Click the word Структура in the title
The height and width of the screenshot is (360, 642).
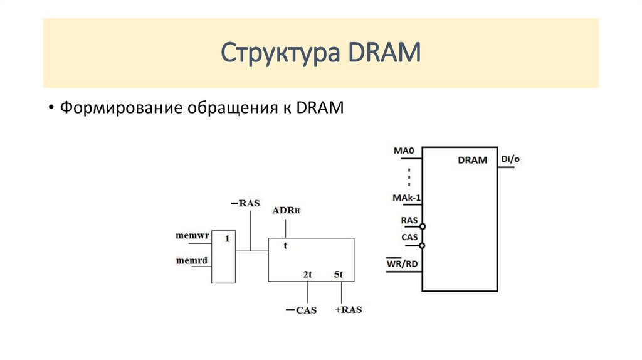click(280, 53)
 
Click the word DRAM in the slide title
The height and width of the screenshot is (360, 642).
click(384, 52)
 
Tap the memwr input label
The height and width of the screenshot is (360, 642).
click(192, 235)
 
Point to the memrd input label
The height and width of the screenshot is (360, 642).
click(192, 260)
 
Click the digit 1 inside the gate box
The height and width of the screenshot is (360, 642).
click(227, 238)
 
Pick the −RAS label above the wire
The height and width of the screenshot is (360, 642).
click(246, 203)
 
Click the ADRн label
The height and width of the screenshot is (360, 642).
click(286, 211)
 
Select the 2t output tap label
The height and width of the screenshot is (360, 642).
click(307, 275)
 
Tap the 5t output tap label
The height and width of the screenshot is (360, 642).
click(338, 275)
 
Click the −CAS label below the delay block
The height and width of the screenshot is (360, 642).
click(302, 310)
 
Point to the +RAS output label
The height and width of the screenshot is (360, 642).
click(349, 310)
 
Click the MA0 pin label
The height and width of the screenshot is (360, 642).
click(404, 151)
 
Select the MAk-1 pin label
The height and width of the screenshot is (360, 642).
click(406, 198)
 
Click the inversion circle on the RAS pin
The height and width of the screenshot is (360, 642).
click(422, 226)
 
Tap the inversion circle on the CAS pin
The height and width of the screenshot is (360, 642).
click(422, 246)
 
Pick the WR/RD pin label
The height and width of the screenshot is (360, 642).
click(402, 263)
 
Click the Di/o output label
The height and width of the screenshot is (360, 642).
click(510, 159)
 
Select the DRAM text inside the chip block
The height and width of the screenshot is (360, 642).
click(473, 160)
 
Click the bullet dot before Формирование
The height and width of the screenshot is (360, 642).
click(51, 108)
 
